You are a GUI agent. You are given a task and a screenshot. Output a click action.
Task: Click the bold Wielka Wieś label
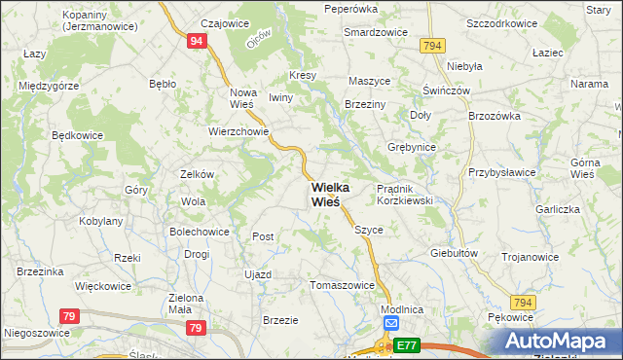pyautogui.click(x=325, y=194)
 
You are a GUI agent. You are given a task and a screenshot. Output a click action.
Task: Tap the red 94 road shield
pyautogui.click(x=198, y=41)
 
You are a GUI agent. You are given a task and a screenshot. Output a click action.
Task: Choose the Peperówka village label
pyautogui.click(x=350, y=9)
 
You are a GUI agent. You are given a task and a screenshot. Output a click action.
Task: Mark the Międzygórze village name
pyautogui.click(x=49, y=86)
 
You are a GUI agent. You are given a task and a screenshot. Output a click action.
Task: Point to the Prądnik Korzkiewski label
pyautogui.click(x=404, y=194)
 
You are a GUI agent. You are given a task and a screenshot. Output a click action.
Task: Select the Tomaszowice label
pyautogui.click(x=342, y=286)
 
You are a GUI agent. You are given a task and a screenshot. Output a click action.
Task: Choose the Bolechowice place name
pyautogui.click(x=200, y=232)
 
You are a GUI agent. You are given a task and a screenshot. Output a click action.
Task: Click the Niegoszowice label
pyautogui.click(x=40, y=332)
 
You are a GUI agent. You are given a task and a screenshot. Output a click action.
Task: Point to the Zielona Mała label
pyautogui.click(x=185, y=303)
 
